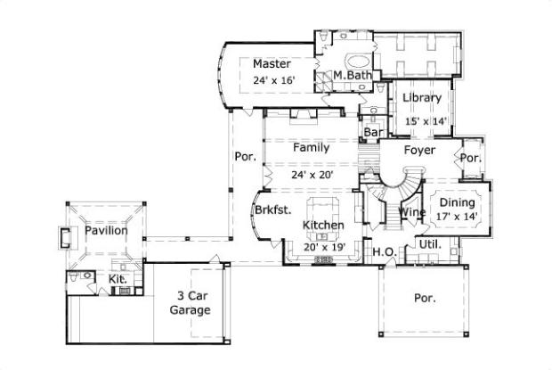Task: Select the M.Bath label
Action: pyautogui.click(x=353, y=76)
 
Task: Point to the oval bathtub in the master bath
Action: pyautogui.click(x=360, y=62)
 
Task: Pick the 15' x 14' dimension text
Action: pyautogui.click(x=426, y=120)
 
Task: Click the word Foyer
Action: pyautogui.click(x=419, y=151)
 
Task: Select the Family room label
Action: pyautogui.click(x=312, y=148)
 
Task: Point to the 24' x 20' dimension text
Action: pyautogui.click(x=312, y=175)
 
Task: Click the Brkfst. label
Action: pyautogui.click(x=269, y=210)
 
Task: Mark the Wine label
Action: pyautogui.click(x=411, y=213)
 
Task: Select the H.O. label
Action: pyautogui.click(x=384, y=251)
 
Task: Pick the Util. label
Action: pyautogui.click(x=431, y=244)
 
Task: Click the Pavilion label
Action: pyautogui.click(x=106, y=231)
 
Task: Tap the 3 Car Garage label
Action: pyautogui.click(x=191, y=303)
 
